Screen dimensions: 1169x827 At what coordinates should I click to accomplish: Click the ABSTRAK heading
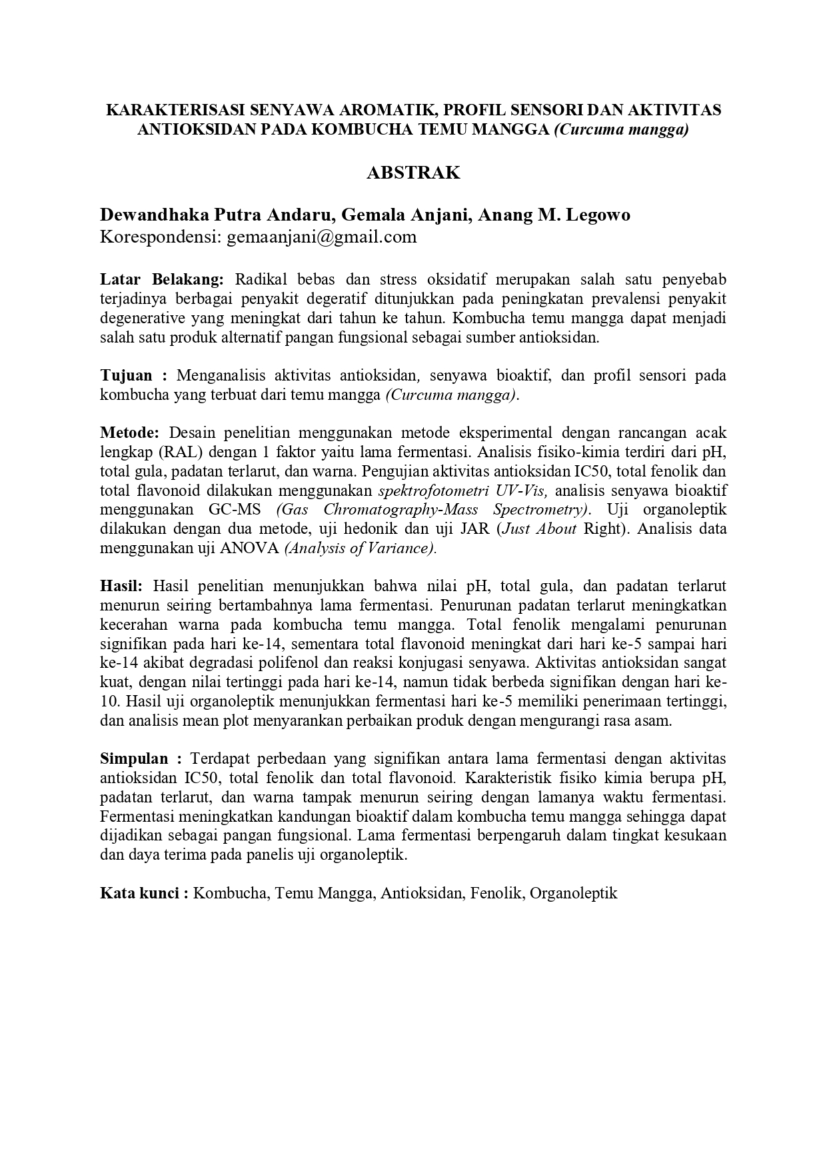[x=413, y=173]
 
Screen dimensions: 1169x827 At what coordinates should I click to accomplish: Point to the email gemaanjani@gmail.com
[x=322, y=237]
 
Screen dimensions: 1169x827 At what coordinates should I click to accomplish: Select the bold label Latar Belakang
[x=163, y=279]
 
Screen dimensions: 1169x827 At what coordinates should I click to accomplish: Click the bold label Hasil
[x=121, y=586]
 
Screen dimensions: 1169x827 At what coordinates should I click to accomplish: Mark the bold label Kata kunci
[x=141, y=893]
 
